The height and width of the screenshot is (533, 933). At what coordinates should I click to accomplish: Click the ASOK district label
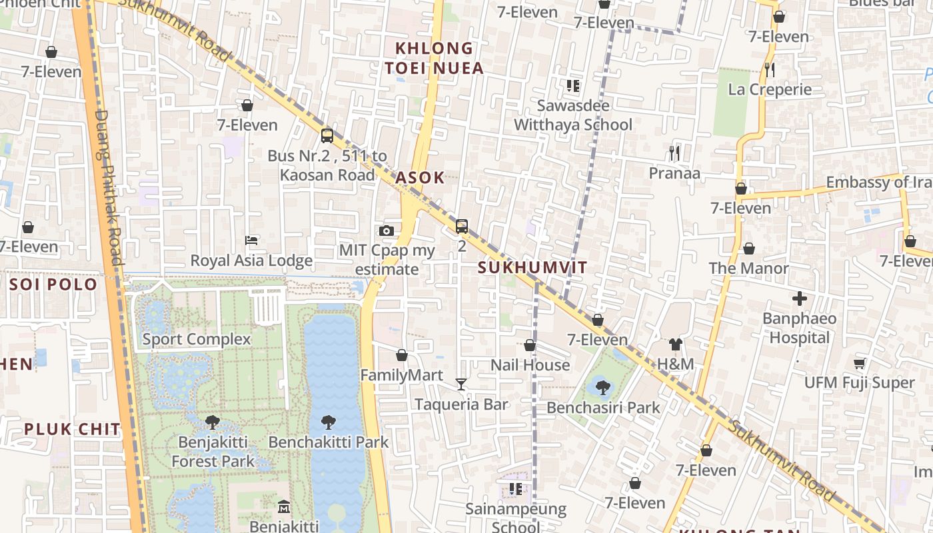pyautogui.click(x=420, y=178)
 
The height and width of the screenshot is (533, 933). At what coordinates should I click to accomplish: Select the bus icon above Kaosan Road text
pyautogui.click(x=327, y=135)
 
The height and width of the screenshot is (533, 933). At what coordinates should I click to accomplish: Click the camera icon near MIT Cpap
pyautogui.click(x=386, y=231)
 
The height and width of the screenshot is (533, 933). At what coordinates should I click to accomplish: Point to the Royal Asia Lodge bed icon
pyautogui.click(x=251, y=240)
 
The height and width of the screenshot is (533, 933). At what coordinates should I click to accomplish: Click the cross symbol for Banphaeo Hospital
pyautogui.click(x=799, y=298)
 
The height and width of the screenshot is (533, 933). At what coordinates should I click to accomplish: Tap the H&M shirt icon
pyautogui.click(x=675, y=344)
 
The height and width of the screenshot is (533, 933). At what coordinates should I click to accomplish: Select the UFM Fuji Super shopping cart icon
pyautogui.click(x=859, y=363)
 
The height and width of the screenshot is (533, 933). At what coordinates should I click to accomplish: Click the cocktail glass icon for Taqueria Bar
pyautogui.click(x=461, y=384)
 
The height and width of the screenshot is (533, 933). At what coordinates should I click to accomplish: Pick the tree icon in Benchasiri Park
pyautogui.click(x=602, y=386)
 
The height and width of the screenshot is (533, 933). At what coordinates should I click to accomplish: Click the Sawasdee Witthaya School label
pyautogui.click(x=573, y=115)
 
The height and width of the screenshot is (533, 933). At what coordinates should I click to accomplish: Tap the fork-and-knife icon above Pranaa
pyautogui.click(x=674, y=153)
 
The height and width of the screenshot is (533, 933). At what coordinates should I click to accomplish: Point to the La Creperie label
pyautogui.click(x=770, y=89)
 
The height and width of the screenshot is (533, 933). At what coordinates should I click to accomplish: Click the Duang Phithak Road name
pyautogui.click(x=109, y=187)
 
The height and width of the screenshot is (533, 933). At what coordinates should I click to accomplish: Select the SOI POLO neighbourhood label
pyautogui.click(x=53, y=284)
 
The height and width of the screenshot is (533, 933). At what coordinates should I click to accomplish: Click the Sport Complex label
pyautogui.click(x=197, y=339)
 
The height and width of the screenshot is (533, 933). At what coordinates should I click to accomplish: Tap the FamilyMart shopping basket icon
pyautogui.click(x=401, y=355)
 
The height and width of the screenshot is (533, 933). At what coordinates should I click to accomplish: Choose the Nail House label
pyautogui.click(x=530, y=365)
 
